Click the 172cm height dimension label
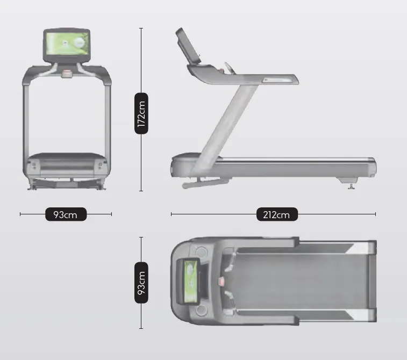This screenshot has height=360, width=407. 141,113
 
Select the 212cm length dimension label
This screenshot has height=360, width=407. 277,214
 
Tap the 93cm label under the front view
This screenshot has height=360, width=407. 66,214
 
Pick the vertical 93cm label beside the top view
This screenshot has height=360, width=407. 141,283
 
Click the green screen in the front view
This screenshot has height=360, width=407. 67,44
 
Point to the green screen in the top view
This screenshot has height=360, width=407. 190,282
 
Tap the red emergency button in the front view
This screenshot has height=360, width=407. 67,74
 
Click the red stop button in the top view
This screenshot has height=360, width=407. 221,282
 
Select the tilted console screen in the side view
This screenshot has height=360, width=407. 188,46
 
